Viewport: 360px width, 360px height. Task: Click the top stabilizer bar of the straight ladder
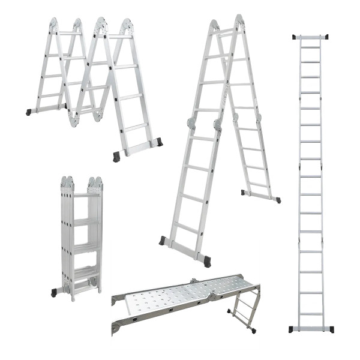click(310, 37)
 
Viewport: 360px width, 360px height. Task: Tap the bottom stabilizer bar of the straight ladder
click(310, 329)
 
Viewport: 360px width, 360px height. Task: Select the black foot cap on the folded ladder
click(54, 292)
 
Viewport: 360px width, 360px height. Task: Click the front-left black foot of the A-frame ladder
click(162, 240)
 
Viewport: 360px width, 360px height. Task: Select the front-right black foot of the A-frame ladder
click(207, 261)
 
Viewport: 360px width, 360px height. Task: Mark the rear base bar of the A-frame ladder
click(260, 196)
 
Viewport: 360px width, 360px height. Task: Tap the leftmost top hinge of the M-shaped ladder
click(53, 25)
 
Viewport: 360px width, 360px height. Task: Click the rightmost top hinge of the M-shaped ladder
click(127, 25)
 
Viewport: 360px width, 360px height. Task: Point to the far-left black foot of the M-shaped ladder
click(29, 112)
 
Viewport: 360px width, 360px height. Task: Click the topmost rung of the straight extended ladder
click(310, 47)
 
